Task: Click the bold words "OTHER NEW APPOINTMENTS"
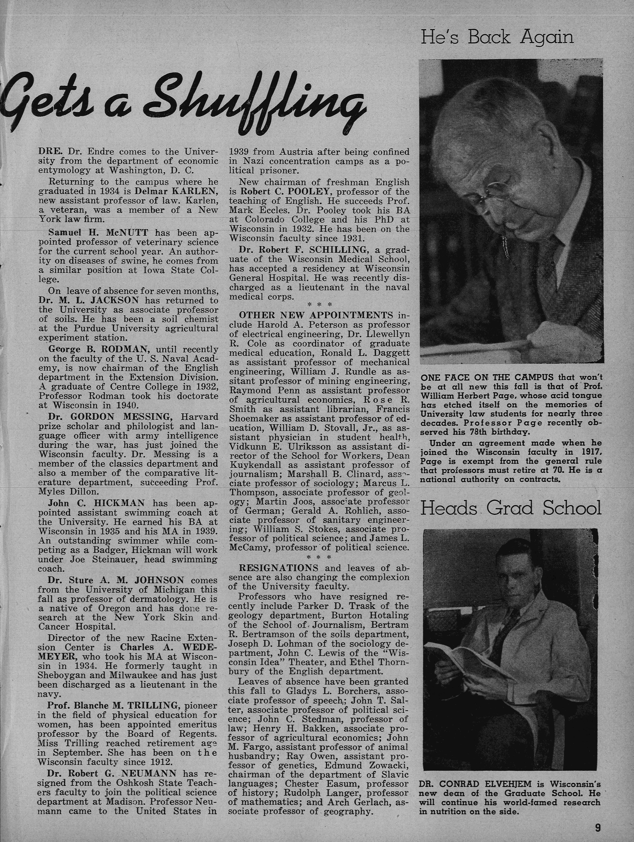(316, 316)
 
